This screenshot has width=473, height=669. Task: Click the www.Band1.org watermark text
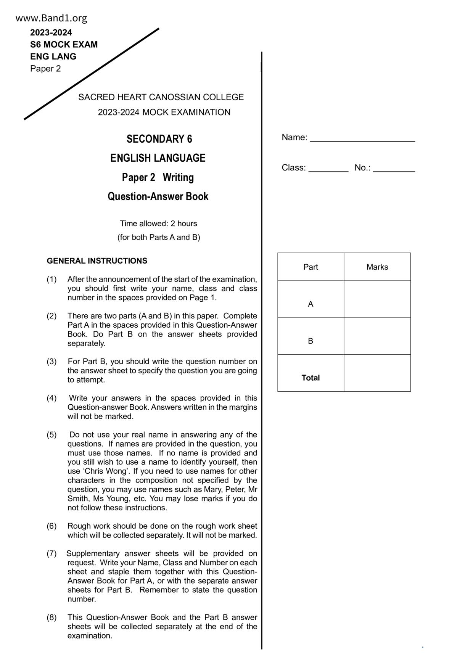pyautogui.click(x=51, y=18)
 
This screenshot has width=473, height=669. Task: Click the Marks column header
pyautogui.click(x=377, y=267)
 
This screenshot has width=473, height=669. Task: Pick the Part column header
pyautogui.click(x=311, y=267)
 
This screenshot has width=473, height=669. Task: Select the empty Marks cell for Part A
pyautogui.click(x=377, y=299)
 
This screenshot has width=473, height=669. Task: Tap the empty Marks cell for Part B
pyautogui.click(x=377, y=336)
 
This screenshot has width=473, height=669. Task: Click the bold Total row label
pyautogui.click(x=311, y=378)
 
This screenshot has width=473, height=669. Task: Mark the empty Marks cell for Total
pyautogui.click(x=377, y=373)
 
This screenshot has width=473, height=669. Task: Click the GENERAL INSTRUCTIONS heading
pyautogui.click(x=97, y=261)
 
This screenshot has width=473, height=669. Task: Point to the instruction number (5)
pyautogui.click(x=51, y=435)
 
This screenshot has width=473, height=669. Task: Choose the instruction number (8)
pyautogui.click(x=51, y=617)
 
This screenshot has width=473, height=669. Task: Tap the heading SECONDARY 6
pyautogui.click(x=159, y=139)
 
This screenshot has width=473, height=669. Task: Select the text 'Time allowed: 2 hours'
pyautogui.click(x=158, y=224)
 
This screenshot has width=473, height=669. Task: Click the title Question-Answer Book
pyautogui.click(x=158, y=196)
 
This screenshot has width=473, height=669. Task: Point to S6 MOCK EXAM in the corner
pyautogui.click(x=64, y=45)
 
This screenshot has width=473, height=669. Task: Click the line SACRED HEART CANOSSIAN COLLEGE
pyautogui.click(x=161, y=97)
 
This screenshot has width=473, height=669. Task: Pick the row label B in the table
pyautogui.click(x=311, y=341)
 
